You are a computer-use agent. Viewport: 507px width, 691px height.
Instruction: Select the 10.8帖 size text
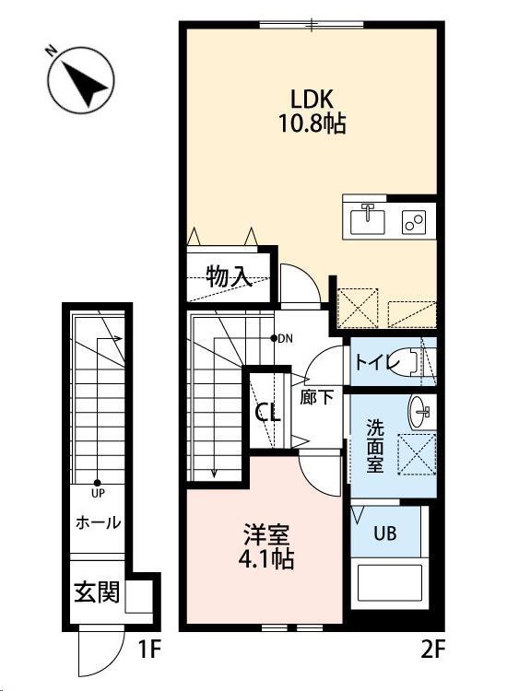312,124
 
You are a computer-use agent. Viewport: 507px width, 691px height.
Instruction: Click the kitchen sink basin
371,219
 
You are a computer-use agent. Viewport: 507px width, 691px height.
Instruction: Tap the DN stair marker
284,338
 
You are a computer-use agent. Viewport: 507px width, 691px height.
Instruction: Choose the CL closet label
267,413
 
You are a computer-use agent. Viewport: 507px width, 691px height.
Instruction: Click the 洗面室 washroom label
375,444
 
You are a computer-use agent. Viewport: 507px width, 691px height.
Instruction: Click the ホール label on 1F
97,522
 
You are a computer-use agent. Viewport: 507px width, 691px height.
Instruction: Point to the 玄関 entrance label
97,591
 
